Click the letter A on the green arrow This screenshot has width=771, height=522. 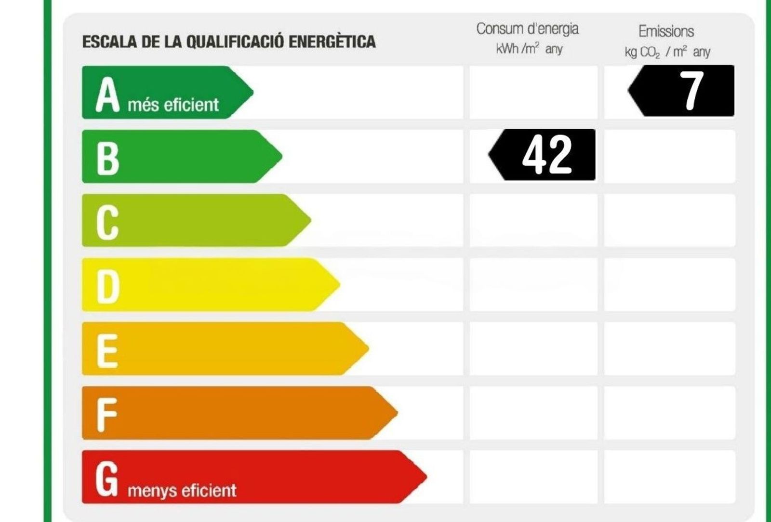(107, 95)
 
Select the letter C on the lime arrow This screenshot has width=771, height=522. (107, 222)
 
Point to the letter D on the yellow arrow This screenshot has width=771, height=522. (108, 286)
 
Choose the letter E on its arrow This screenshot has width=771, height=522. (107, 350)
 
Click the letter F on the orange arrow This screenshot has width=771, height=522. (106, 414)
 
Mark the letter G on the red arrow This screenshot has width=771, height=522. (106, 478)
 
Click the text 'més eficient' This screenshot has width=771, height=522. (173, 105)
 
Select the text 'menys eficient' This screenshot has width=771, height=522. (182, 491)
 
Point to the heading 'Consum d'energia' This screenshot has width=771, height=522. (527, 29)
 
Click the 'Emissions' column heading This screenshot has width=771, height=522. (666, 31)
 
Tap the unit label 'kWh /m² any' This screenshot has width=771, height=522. (529, 49)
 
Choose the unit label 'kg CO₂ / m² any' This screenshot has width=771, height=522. (667, 52)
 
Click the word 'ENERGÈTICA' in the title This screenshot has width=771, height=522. (332, 41)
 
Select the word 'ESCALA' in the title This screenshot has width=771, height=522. (110, 42)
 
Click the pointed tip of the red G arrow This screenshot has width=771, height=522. (425, 477)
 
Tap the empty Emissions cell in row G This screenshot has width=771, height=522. (670, 477)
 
